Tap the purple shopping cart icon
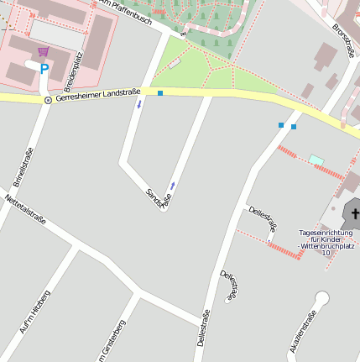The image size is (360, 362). click(43, 52)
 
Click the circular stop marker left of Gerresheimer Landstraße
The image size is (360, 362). click(48, 100)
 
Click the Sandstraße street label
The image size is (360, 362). click(159, 199)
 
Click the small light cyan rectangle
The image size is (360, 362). click(316, 160)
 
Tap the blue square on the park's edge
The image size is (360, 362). click(159, 93)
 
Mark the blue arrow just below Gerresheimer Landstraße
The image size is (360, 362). click(139, 107)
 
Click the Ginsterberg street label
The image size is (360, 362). click(113, 340)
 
